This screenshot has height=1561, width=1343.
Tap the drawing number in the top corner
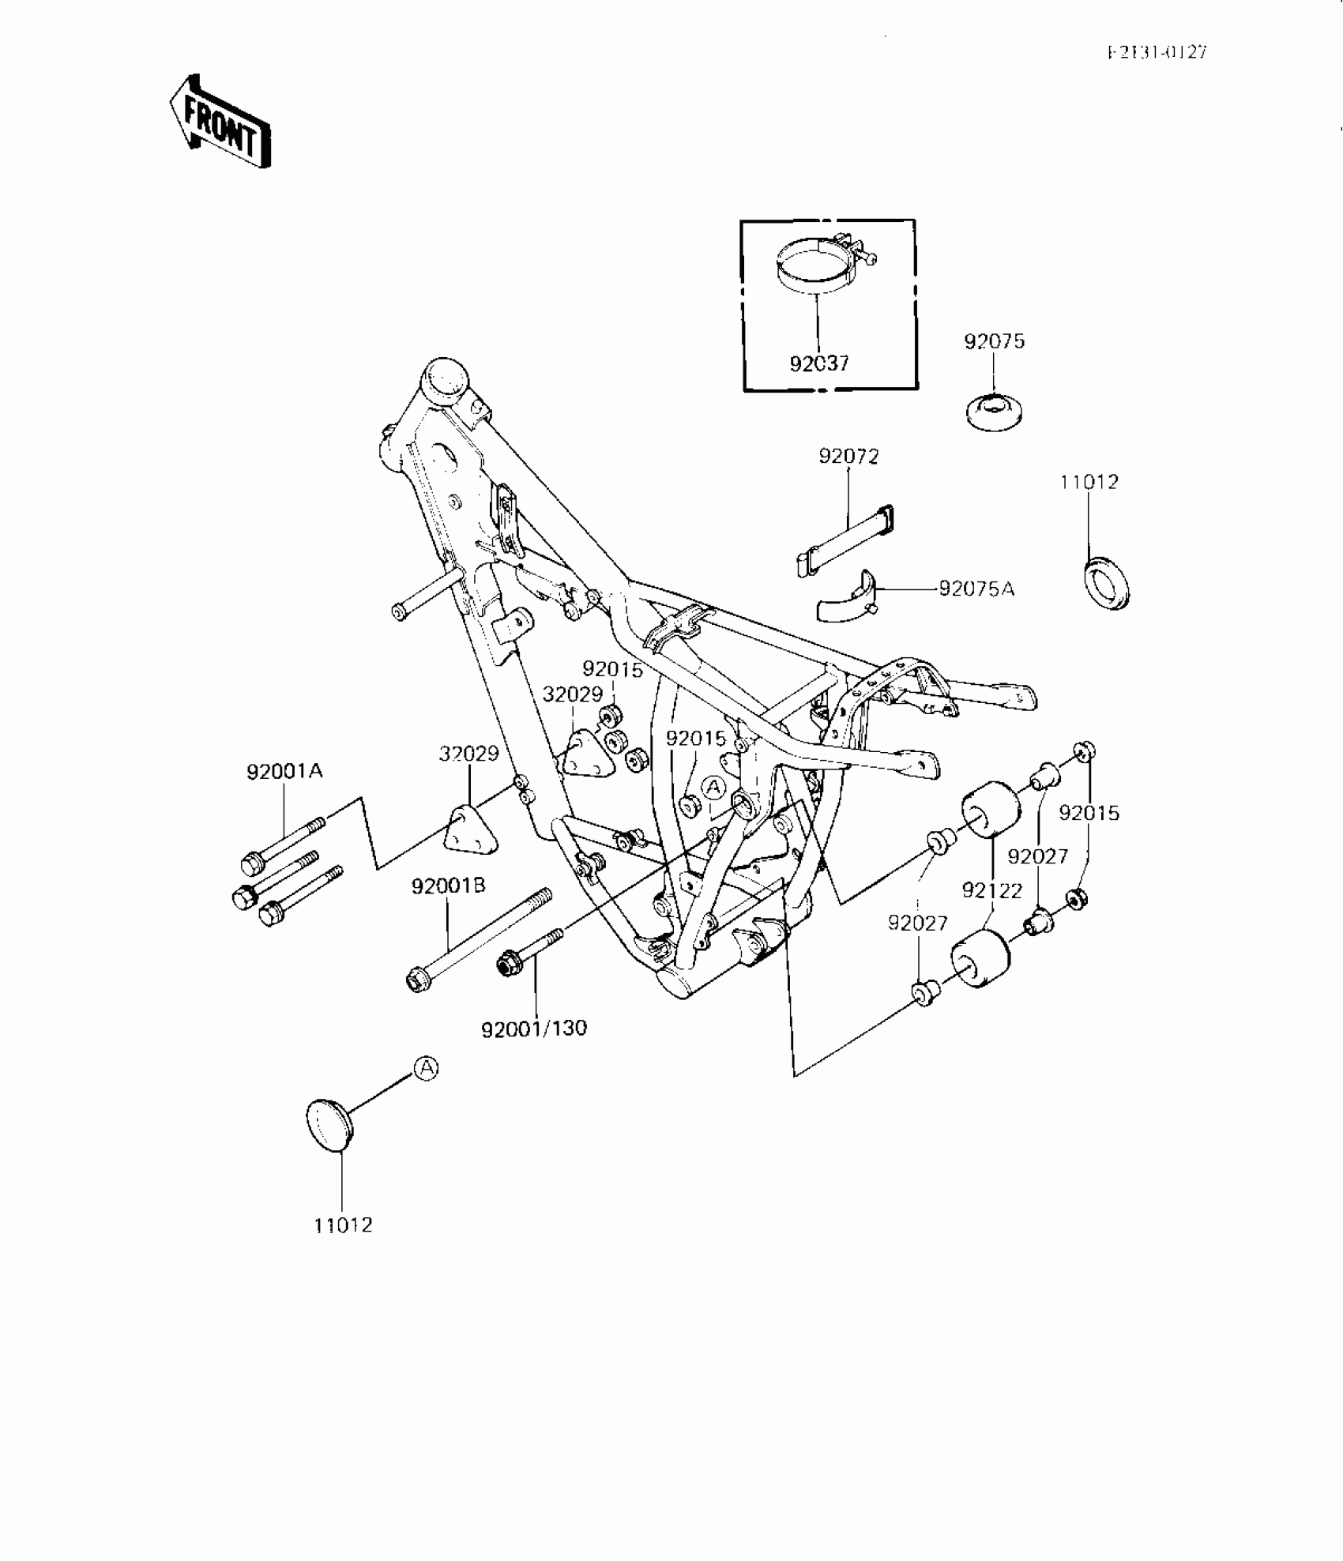(x=1157, y=52)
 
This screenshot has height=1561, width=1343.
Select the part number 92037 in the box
(x=819, y=363)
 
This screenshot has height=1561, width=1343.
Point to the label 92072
(x=848, y=457)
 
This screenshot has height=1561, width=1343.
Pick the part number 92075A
(x=976, y=589)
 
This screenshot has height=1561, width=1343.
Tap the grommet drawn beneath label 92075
(x=995, y=412)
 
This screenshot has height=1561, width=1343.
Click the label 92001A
(x=284, y=772)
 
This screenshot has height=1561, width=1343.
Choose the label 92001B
(x=448, y=886)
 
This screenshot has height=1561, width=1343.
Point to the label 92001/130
(x=534, y=1029)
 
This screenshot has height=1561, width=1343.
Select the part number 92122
(x=991, y=890)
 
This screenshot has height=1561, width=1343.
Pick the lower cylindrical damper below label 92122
(x=980, y=959)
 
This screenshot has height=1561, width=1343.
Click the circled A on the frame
(x=714, y=787)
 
